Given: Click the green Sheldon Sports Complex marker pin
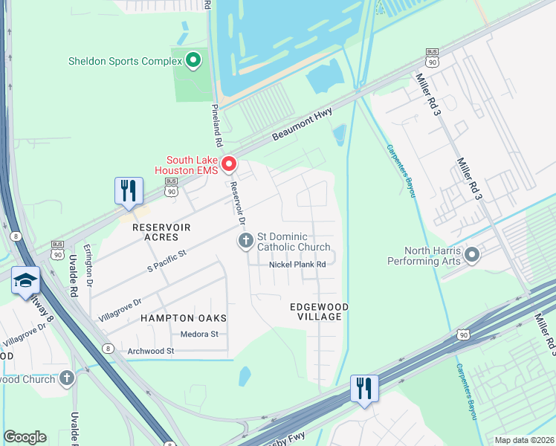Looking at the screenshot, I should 193,60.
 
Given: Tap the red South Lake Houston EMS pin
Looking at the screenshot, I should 229,164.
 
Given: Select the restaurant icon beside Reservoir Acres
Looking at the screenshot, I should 128,191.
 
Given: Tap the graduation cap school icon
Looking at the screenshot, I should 25,280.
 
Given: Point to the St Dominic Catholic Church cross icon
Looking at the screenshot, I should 245,240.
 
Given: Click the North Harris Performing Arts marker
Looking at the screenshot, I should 471,256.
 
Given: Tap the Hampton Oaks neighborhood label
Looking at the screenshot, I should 184,318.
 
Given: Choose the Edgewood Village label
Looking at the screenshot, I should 320,311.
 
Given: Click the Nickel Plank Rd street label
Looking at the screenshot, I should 297,264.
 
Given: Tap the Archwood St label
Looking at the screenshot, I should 149,350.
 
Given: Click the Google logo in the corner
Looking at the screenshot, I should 25,437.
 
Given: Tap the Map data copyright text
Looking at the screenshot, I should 523,440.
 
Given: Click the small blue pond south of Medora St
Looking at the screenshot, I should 245,376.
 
